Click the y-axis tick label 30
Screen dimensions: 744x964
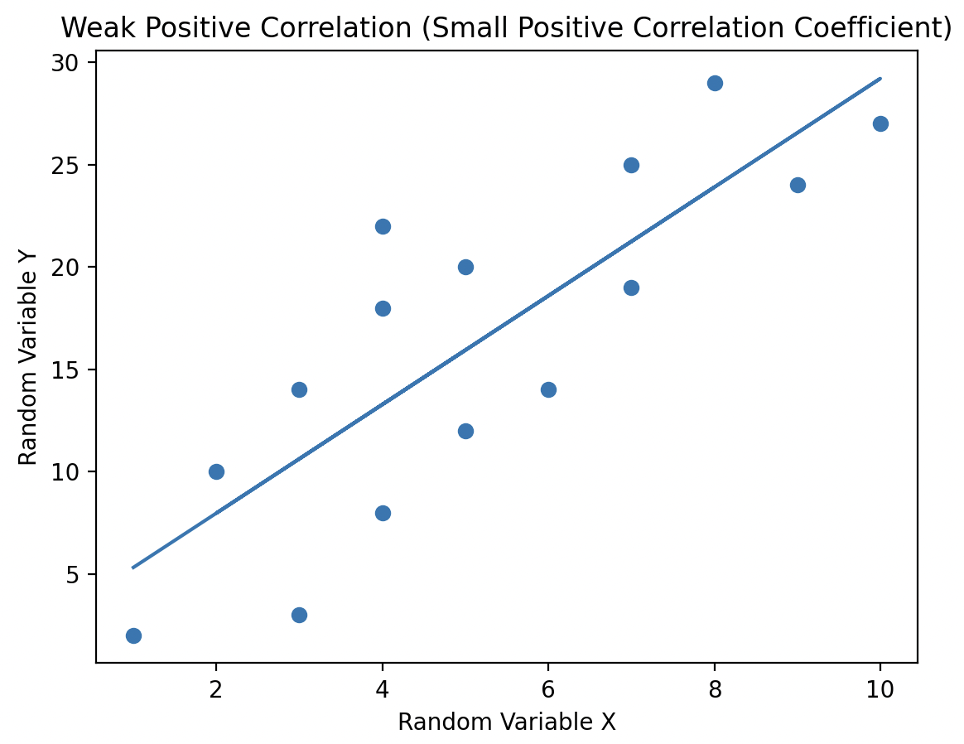(73, 63)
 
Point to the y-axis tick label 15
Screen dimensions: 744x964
(73, 370)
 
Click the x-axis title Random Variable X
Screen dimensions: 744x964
(507, 722)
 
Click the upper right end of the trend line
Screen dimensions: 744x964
(880, 79)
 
